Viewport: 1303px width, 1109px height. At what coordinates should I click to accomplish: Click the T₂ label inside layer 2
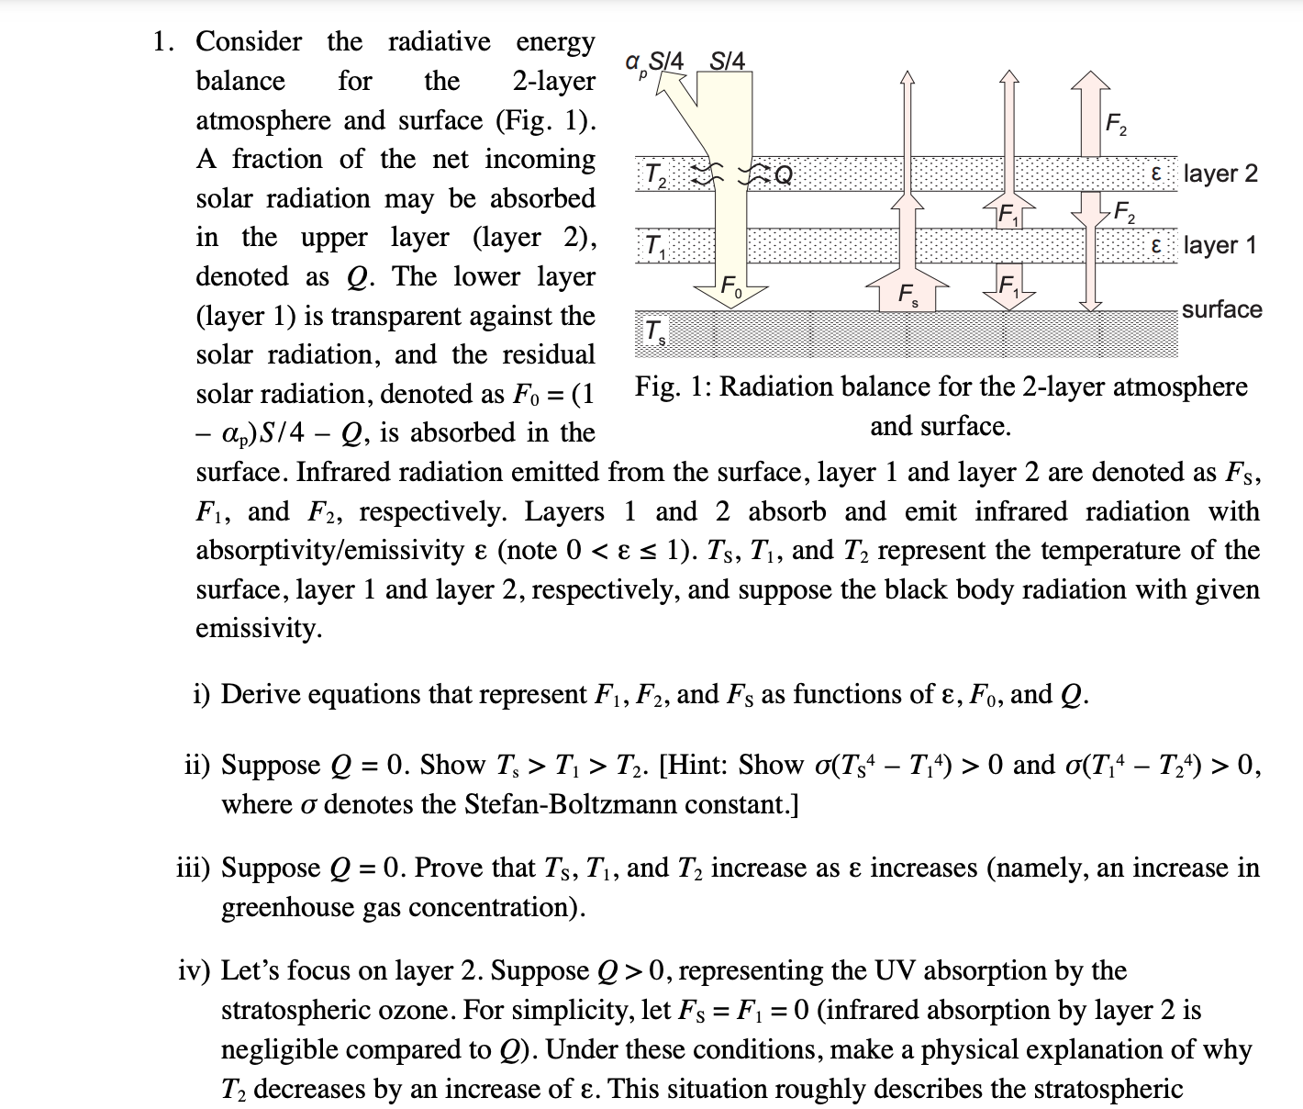[655, 174]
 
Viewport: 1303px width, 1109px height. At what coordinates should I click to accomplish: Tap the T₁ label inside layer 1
[656, 246]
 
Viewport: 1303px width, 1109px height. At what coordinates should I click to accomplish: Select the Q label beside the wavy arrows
[783, 174]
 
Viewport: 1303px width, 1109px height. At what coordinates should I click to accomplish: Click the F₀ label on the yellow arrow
[731, 286]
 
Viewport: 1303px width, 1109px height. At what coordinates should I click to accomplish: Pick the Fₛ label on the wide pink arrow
[907, 295]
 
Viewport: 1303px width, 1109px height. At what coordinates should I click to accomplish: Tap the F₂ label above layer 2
[1116, 124]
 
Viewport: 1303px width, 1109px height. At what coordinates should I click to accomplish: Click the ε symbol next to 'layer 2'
[1156, 174]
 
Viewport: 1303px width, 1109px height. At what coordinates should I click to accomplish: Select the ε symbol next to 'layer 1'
[1156, 245]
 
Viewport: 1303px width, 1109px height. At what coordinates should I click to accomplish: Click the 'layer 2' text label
[1220, 174]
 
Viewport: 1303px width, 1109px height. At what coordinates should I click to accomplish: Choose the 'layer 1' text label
[1219, 245]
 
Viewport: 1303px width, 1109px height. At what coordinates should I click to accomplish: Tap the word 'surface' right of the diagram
[1221, 309]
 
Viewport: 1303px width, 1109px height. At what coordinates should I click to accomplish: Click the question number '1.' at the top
[164, 41]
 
